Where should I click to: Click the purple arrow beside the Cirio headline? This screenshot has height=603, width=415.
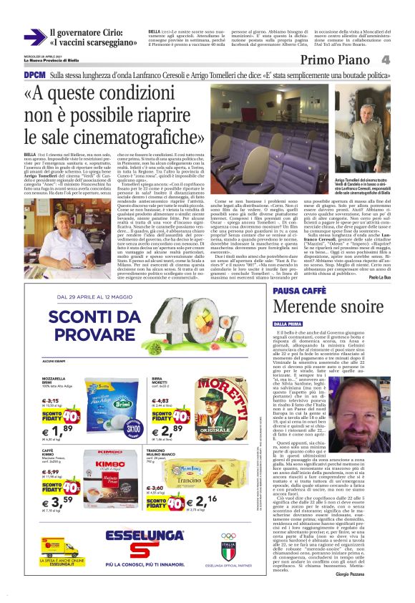tap(33, 37)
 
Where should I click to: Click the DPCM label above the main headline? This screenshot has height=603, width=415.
tap(34, 74)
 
